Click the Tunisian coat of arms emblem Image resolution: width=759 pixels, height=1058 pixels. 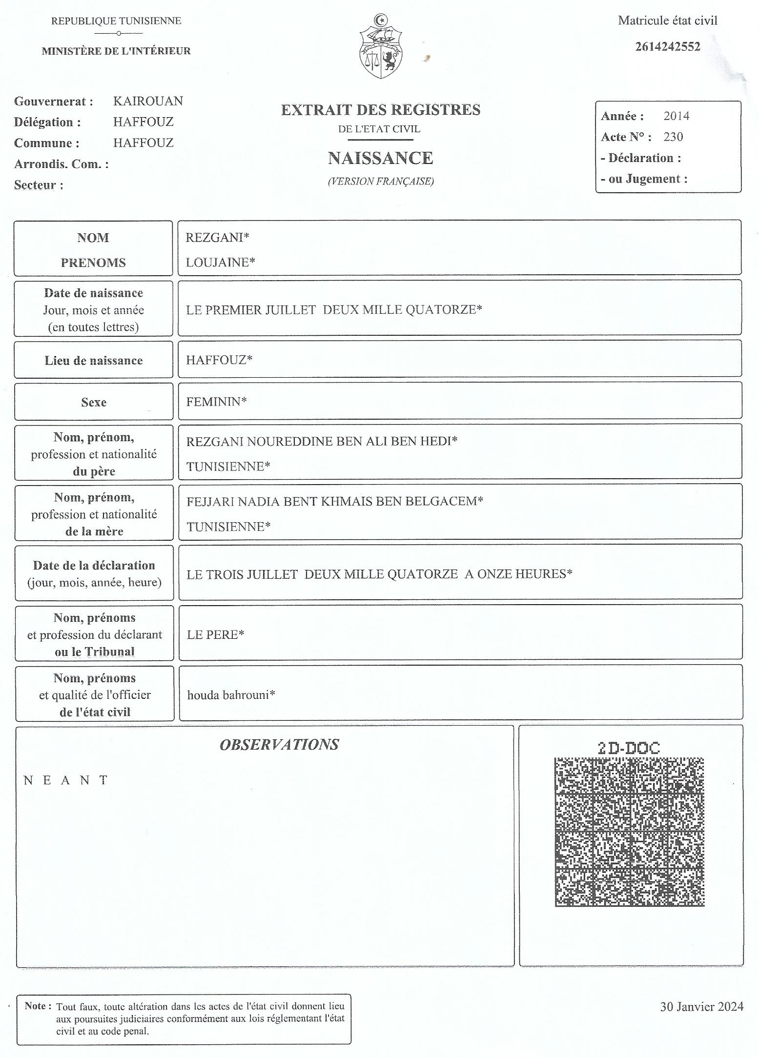(381, 47)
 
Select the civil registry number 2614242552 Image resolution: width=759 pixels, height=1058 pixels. (667, 47)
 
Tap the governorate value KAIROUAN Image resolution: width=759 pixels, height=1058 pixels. (148, 101)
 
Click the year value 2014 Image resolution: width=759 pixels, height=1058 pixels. (676, 116)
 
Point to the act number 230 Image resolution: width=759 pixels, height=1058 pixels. (673, 137)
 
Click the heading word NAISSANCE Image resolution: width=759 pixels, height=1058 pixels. (380, 158)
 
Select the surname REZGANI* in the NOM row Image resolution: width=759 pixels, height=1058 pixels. (217, 238)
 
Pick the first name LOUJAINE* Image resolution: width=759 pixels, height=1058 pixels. (220, 263)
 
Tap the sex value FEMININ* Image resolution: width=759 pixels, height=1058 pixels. (216, 402)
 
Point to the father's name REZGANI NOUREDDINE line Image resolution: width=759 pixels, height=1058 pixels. (322, 441)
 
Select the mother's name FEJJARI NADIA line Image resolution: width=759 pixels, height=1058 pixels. (334, 501)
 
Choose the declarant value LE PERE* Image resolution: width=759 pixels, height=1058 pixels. (215, 634)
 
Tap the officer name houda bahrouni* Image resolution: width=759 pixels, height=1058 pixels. (231, 694)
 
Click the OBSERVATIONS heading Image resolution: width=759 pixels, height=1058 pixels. (279, 744)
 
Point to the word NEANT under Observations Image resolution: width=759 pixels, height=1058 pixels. (65, 780)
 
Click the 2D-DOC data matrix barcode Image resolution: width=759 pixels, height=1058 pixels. (629, 832)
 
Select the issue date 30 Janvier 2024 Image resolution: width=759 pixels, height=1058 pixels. (701, 1007)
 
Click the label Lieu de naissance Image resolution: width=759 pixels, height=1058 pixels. (94, 361)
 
